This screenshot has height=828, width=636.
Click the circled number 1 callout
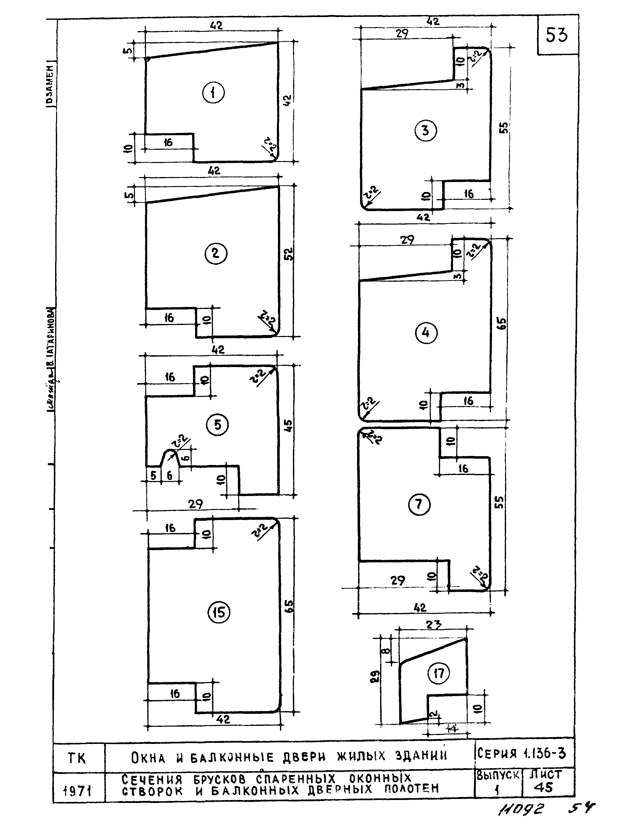(213, 93)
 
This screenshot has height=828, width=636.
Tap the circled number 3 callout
(425, 131)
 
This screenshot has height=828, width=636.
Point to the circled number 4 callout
(426, 333)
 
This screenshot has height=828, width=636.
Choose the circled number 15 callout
(219, 612)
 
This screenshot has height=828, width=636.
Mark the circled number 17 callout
(438, 674)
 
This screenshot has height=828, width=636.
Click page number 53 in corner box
(556, 36)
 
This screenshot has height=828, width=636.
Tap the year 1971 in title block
(78, 791)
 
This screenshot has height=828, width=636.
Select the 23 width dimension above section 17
(434, 625)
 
